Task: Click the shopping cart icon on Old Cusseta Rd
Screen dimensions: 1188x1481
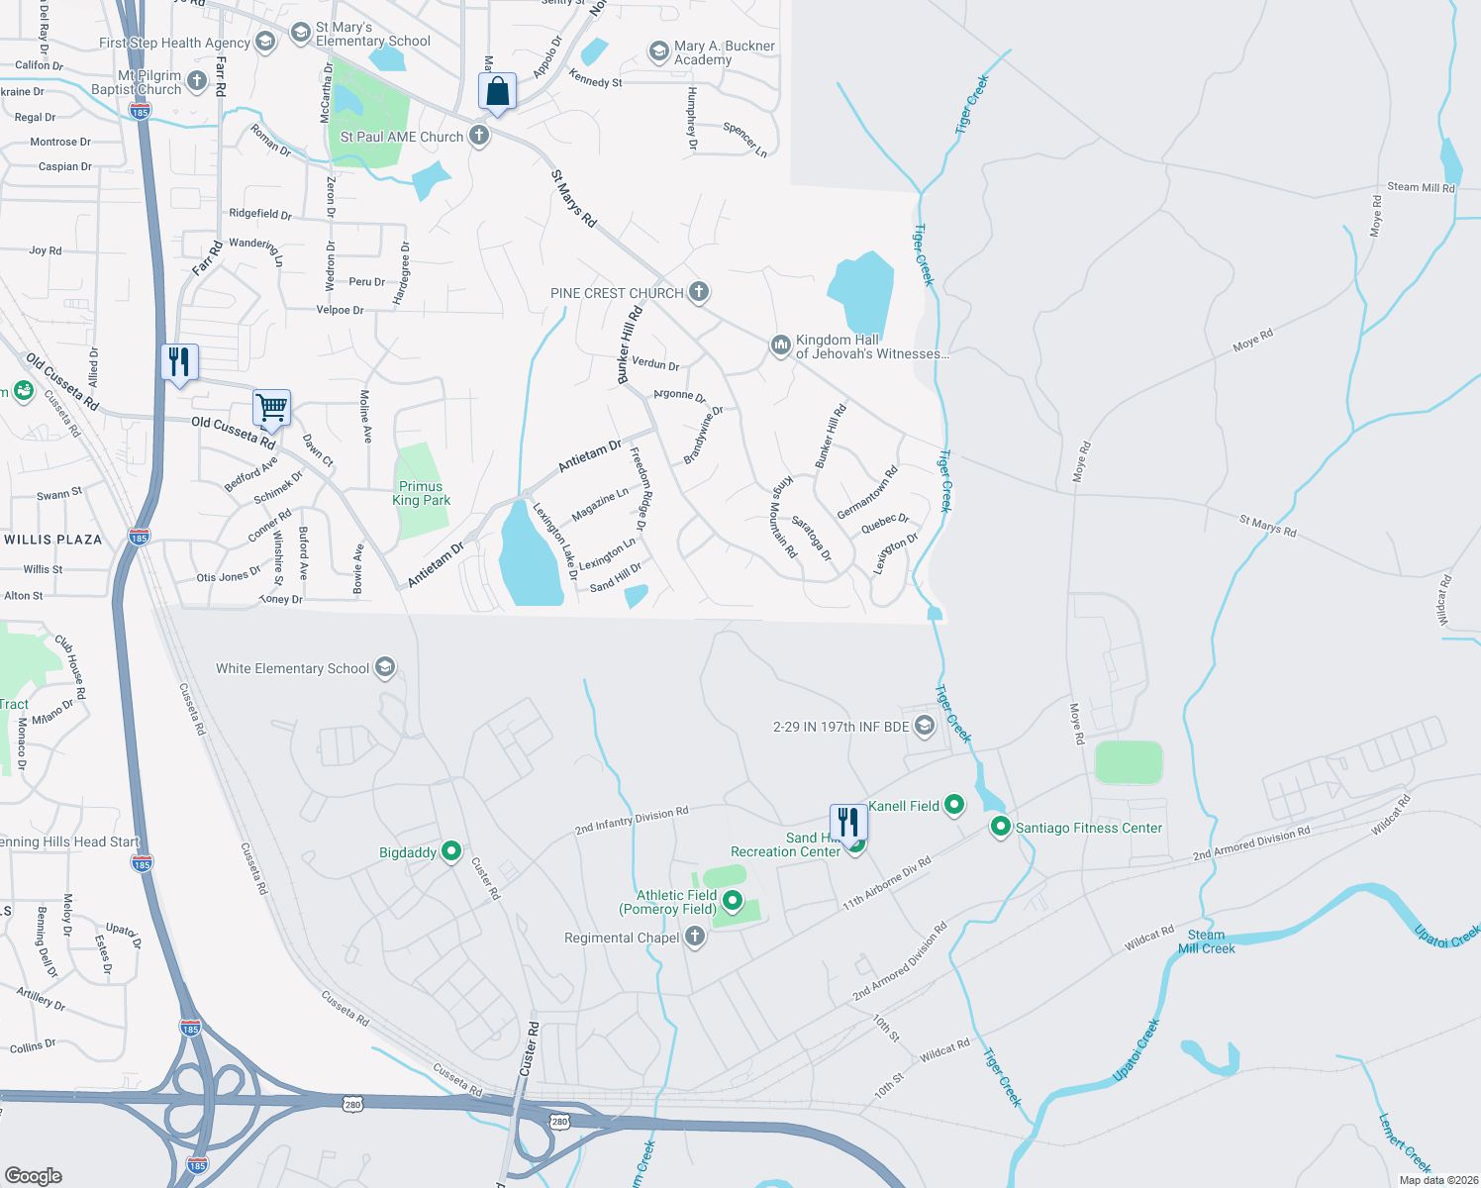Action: [x=271, y=407]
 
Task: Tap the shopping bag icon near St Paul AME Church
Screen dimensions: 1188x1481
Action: [x=498, y=92]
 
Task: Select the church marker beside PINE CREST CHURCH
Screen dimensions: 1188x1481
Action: [x=699, y=292]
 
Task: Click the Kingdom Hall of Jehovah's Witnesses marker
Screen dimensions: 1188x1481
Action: [x=781, y=346]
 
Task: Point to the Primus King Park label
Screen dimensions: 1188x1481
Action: [x=421, y=493]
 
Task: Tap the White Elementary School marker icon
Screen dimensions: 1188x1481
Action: [x=385, y=668]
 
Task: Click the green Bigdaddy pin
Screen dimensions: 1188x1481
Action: [x=451, y=851]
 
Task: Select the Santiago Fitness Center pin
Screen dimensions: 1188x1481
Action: [x=1001, y=827]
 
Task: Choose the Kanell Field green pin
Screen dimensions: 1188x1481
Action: [x=954, y=805]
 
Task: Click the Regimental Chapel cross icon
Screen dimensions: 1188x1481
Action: [x=695, y=937]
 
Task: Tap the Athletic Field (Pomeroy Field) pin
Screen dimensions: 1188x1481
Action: [x=733, y=900]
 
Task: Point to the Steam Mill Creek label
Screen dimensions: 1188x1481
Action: [x=1206, y=941]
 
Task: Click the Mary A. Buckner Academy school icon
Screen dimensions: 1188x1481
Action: [x=658, y=51]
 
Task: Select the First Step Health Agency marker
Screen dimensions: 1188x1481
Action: [x=264, y=42]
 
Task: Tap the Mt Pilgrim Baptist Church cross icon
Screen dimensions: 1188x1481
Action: [x=197, y=81]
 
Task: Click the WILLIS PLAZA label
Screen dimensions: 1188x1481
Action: [x=53, y=540]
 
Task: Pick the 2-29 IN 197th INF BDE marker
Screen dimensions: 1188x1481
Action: [x=924, y=726]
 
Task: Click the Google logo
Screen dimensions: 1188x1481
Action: [x=34, y=1175]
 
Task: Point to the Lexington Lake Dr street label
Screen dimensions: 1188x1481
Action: [x=555, y=541]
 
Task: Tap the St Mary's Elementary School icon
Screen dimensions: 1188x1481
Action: [x=300, y=33]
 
